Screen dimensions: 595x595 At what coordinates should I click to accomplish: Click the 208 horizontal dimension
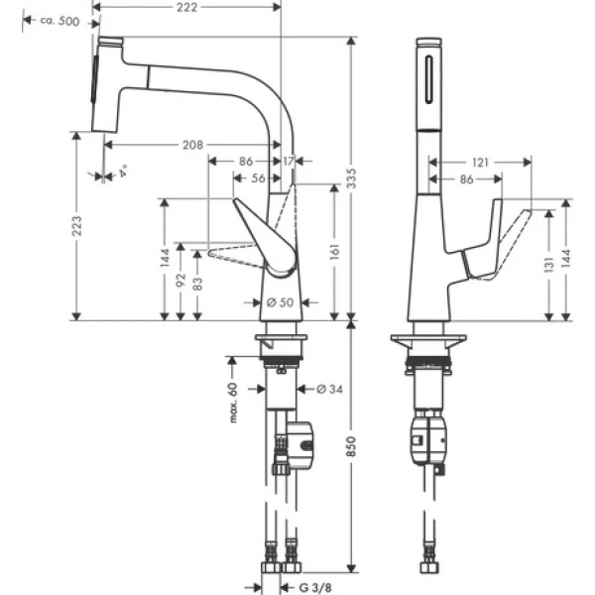(x=194, y=145)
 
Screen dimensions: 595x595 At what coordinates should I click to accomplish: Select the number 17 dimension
(x=288, y=161)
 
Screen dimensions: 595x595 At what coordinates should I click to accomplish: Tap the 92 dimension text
(x=179, y=281)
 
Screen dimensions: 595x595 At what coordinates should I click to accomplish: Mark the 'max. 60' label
(x=235, y=402)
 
